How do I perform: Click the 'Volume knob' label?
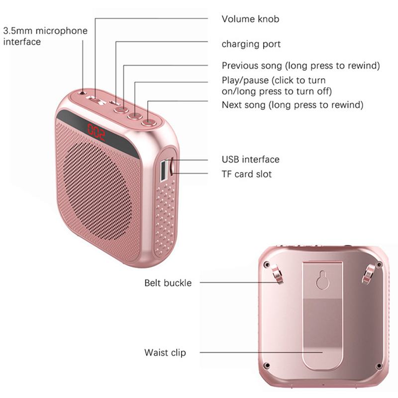pos(250,19)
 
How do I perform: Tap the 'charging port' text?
pos(251,44)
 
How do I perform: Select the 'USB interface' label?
pos(250,160)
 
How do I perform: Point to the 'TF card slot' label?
pos(247,174)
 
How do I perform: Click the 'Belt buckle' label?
pos(168,283)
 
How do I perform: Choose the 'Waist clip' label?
pos(165,353)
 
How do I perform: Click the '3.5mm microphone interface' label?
pos(45,36)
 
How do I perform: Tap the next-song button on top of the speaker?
pos(148,120)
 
